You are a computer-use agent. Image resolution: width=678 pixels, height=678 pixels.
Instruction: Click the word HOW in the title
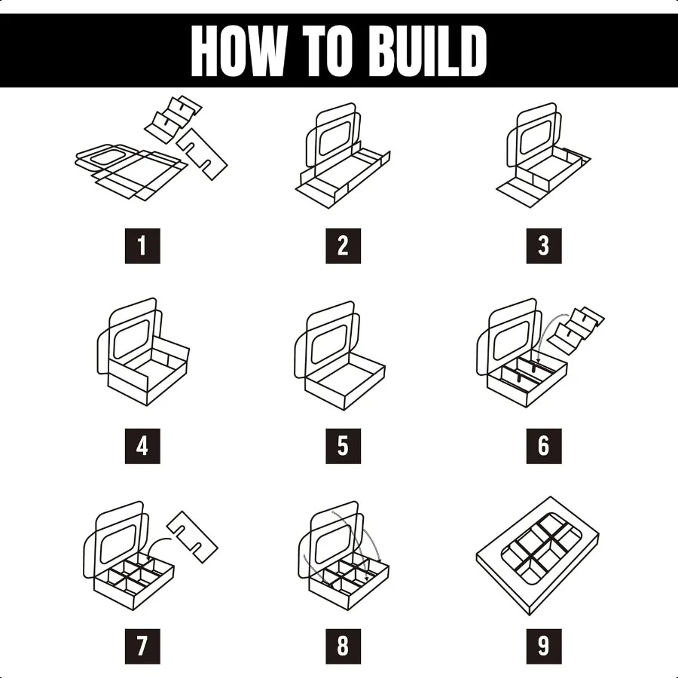pos(239,50)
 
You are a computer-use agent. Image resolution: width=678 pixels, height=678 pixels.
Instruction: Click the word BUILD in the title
pos(428,50)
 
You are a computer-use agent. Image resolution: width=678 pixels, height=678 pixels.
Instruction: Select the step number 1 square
pos(142,246)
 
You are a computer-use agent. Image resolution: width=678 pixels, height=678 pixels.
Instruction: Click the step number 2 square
pos(343,246)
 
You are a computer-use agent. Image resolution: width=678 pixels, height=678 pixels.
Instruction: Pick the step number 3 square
pos(543,246)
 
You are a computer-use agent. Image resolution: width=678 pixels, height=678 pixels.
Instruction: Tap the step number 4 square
pos(142,446)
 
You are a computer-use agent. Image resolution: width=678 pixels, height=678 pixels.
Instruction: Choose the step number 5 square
pos(343,446)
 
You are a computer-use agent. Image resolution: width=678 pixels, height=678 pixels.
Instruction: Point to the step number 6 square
pos(543,446)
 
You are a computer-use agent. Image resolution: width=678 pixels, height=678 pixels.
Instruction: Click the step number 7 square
pos(142,646)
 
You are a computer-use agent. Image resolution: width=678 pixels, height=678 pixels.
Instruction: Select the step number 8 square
pos(343,646)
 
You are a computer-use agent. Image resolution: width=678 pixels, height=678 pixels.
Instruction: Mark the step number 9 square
pos(543,646)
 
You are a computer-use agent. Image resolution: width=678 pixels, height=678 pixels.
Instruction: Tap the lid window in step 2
pos(335,138)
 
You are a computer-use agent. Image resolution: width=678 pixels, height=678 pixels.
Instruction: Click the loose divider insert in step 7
pos(192,537)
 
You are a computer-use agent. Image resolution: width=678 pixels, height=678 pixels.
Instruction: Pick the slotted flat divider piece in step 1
pos(202,154)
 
